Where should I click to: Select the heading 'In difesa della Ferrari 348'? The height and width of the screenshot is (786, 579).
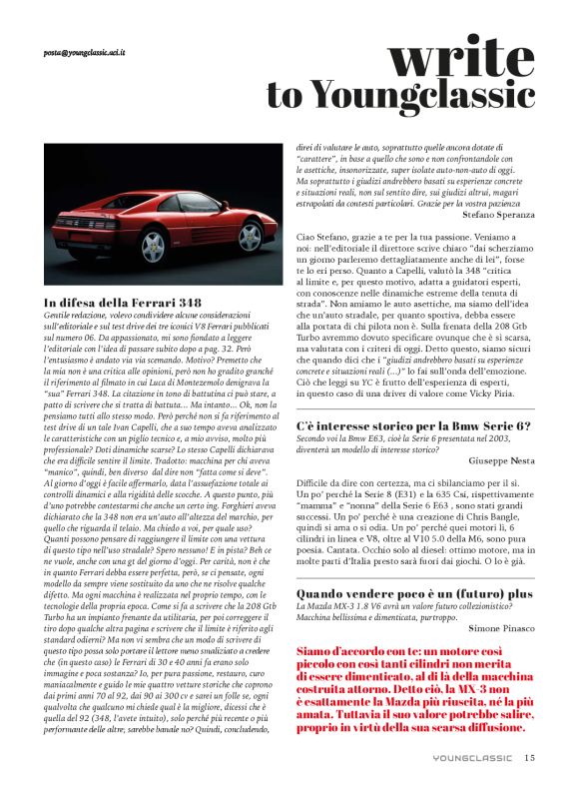(123, 302)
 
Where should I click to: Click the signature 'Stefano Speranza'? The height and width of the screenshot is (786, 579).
(499, 214)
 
